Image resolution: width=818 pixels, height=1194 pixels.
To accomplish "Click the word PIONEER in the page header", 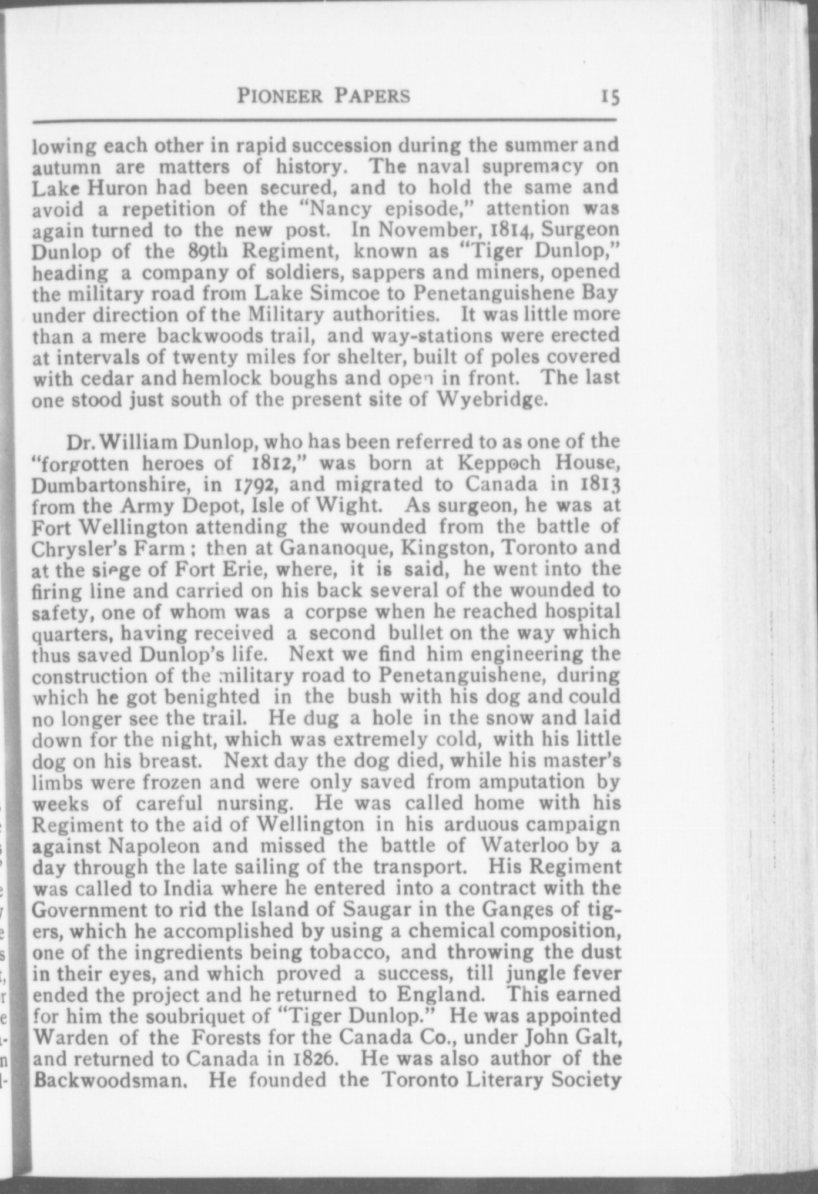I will click(280, 96).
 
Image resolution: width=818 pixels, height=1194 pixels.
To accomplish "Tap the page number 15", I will click(609, 96).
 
